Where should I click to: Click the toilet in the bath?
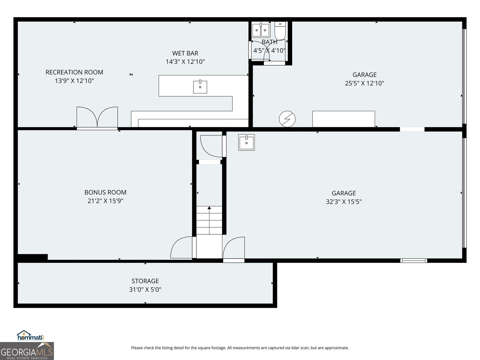tap(280, 31)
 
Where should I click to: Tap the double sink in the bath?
tap(261, 30)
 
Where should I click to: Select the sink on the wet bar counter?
tap(200, 87)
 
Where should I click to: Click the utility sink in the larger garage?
tap(246, 142)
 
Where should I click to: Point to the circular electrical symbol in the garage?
tap(287, 119)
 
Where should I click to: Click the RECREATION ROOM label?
tap(74, 72)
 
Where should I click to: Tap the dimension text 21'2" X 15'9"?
tap(105, 201)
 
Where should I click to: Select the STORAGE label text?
tap(145, 281)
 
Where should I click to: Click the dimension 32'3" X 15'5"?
tap(344, 202)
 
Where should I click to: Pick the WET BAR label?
tap(185, 53)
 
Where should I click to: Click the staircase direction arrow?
tap(209, 208)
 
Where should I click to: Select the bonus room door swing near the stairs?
tap(182, 248)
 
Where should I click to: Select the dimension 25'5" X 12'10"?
tap(364, 83)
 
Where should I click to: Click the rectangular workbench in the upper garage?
tap(343, 119)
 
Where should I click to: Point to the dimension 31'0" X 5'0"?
tap(145, 289)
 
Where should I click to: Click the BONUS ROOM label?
tap(105, 192)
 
